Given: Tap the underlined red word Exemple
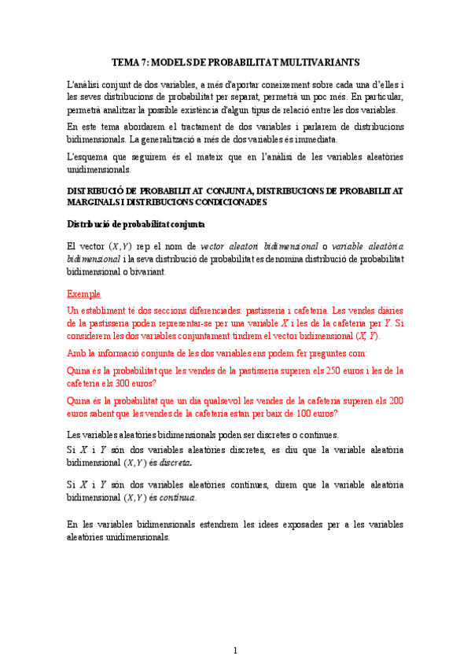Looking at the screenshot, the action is pos(84,294).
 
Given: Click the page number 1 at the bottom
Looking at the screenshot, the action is pos(234,650).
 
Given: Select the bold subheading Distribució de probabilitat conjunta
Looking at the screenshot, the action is pos(135,224).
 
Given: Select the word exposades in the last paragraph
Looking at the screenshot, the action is pos(293,525).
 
